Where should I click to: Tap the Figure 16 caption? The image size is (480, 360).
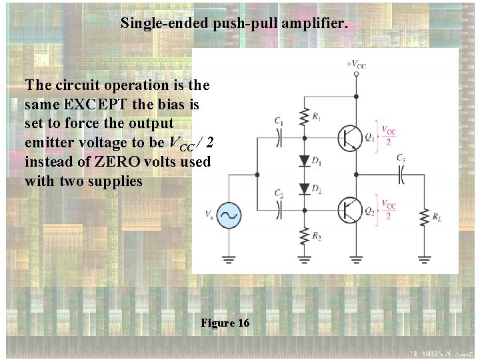pyautogui.click(x=225, y=323)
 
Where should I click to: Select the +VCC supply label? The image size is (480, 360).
pyautogui.click(x=356, y=65)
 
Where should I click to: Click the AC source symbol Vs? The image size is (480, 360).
pyautogui.click(x=229, y=215)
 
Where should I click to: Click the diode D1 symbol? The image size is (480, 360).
pyautogui.click(x=305, y=161)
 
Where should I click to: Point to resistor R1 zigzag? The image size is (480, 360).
pyautogui.click(x=305, y=116)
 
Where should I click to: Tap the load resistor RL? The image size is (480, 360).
pyautogui.click(x=423, y=218)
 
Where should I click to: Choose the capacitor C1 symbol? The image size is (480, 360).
pyautogui.click(x=280, y=137)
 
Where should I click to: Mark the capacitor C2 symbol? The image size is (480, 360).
pyautogui.click(x=280, y=209)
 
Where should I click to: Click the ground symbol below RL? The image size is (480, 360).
pyautogui.click(x=423, y=258)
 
